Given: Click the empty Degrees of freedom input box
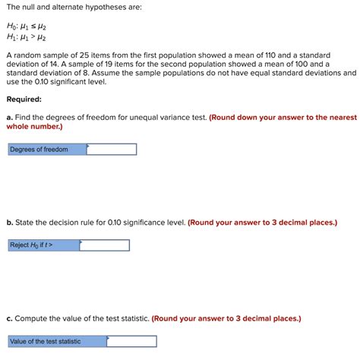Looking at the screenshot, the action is (112, 150).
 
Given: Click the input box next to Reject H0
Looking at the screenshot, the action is (104, 245).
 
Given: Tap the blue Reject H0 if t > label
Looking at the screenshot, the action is (43, 245).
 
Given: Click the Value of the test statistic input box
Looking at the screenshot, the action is (131, 342).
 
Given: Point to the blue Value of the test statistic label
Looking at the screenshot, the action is (57, 342).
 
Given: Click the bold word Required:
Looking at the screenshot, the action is (25, 99).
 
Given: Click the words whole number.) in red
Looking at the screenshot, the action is (34, 127).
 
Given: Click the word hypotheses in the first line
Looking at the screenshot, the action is (113, 7).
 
